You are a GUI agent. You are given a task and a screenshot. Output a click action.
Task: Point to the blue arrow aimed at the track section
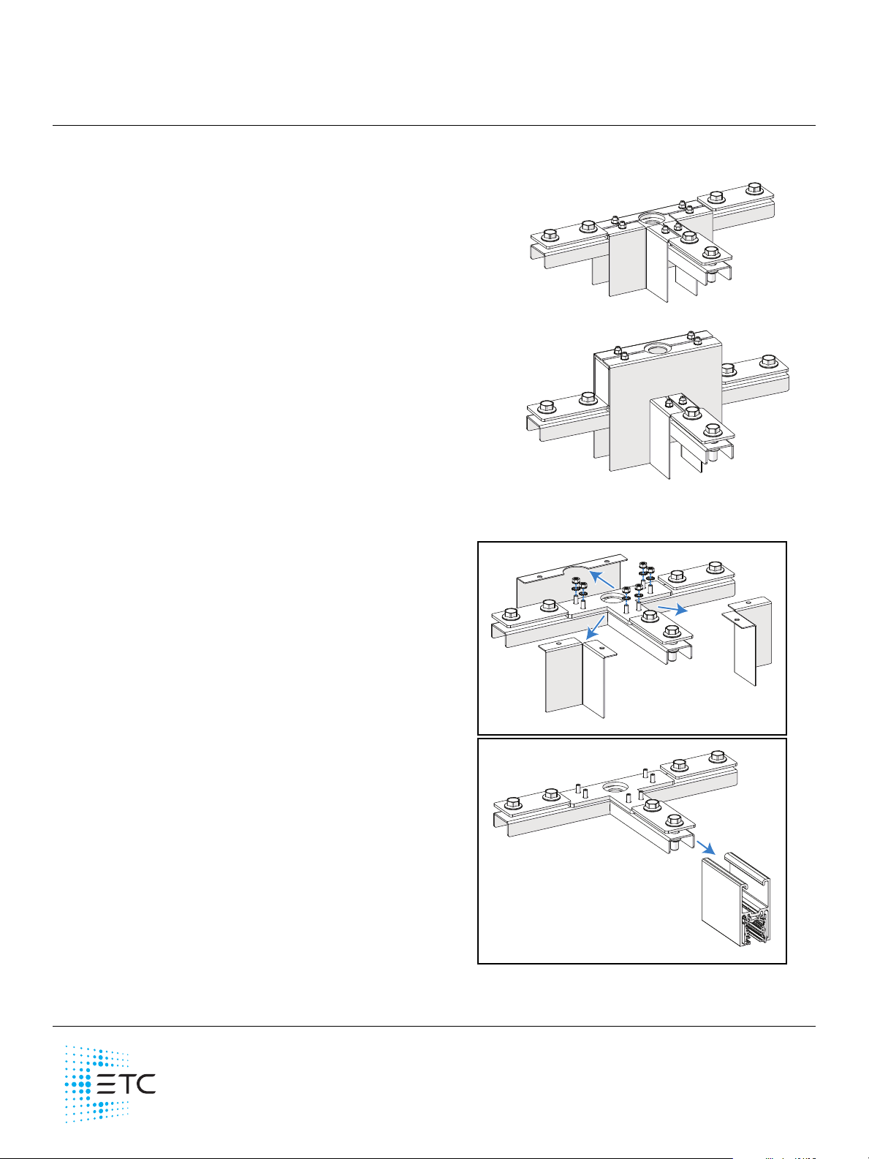pos(705,847)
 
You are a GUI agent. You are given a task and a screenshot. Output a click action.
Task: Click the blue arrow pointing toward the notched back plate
pos(601,578)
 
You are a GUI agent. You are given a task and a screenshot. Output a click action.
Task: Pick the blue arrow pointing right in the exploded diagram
pos(672,609)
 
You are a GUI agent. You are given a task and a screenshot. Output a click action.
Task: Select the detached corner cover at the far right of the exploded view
pos(747,641)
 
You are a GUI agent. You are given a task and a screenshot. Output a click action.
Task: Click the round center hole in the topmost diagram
pos(652,218)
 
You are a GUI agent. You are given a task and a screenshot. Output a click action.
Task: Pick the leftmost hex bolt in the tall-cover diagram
pos(547,407)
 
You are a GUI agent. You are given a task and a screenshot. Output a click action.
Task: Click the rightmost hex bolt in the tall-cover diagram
pos(769,362)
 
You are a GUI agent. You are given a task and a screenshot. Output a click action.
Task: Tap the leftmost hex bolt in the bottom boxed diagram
pos(512,804)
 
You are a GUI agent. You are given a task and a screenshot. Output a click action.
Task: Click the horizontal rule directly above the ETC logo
pos(433,1027)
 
